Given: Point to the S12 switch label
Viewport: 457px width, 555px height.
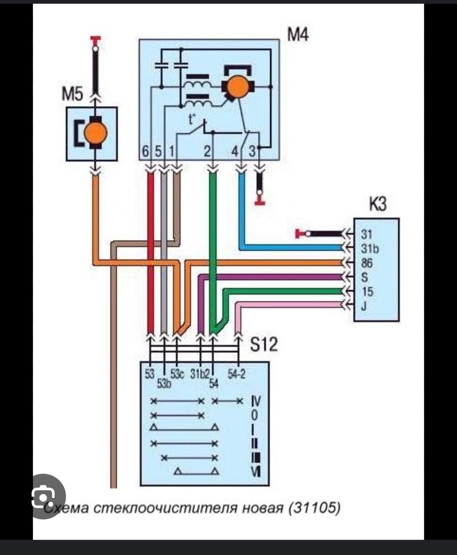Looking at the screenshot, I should (263, 344).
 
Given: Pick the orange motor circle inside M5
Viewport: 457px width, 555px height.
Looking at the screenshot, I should (96, 134).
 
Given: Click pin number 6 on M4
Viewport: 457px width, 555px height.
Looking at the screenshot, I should (146, 152).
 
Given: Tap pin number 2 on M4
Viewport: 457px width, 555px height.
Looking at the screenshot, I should (207, 152).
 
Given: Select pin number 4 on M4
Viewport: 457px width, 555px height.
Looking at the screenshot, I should (235, 152).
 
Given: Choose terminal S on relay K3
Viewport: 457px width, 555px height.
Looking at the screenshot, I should (364, 277).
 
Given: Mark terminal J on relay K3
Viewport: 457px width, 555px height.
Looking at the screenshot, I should (364, 306).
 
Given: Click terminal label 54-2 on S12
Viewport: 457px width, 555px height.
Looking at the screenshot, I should (236, 374).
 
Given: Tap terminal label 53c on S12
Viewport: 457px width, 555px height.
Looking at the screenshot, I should (177, 374).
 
